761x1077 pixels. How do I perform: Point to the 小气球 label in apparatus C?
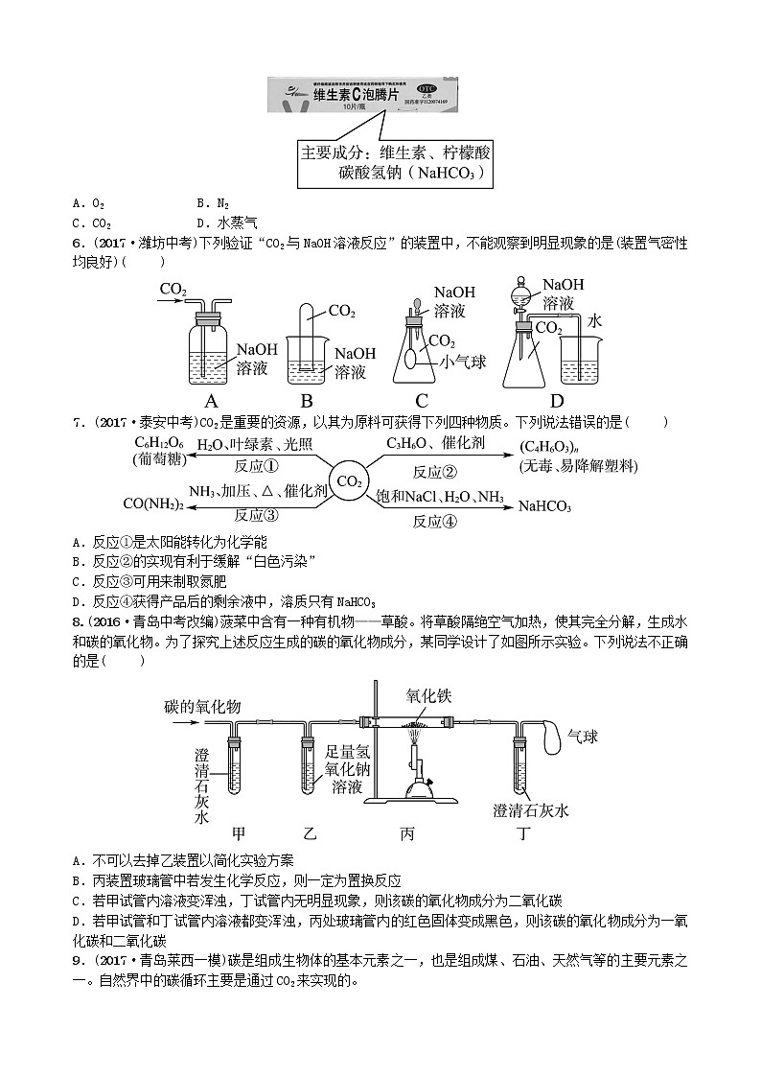point(464,362)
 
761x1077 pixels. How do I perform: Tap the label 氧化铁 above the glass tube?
point(428,698)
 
